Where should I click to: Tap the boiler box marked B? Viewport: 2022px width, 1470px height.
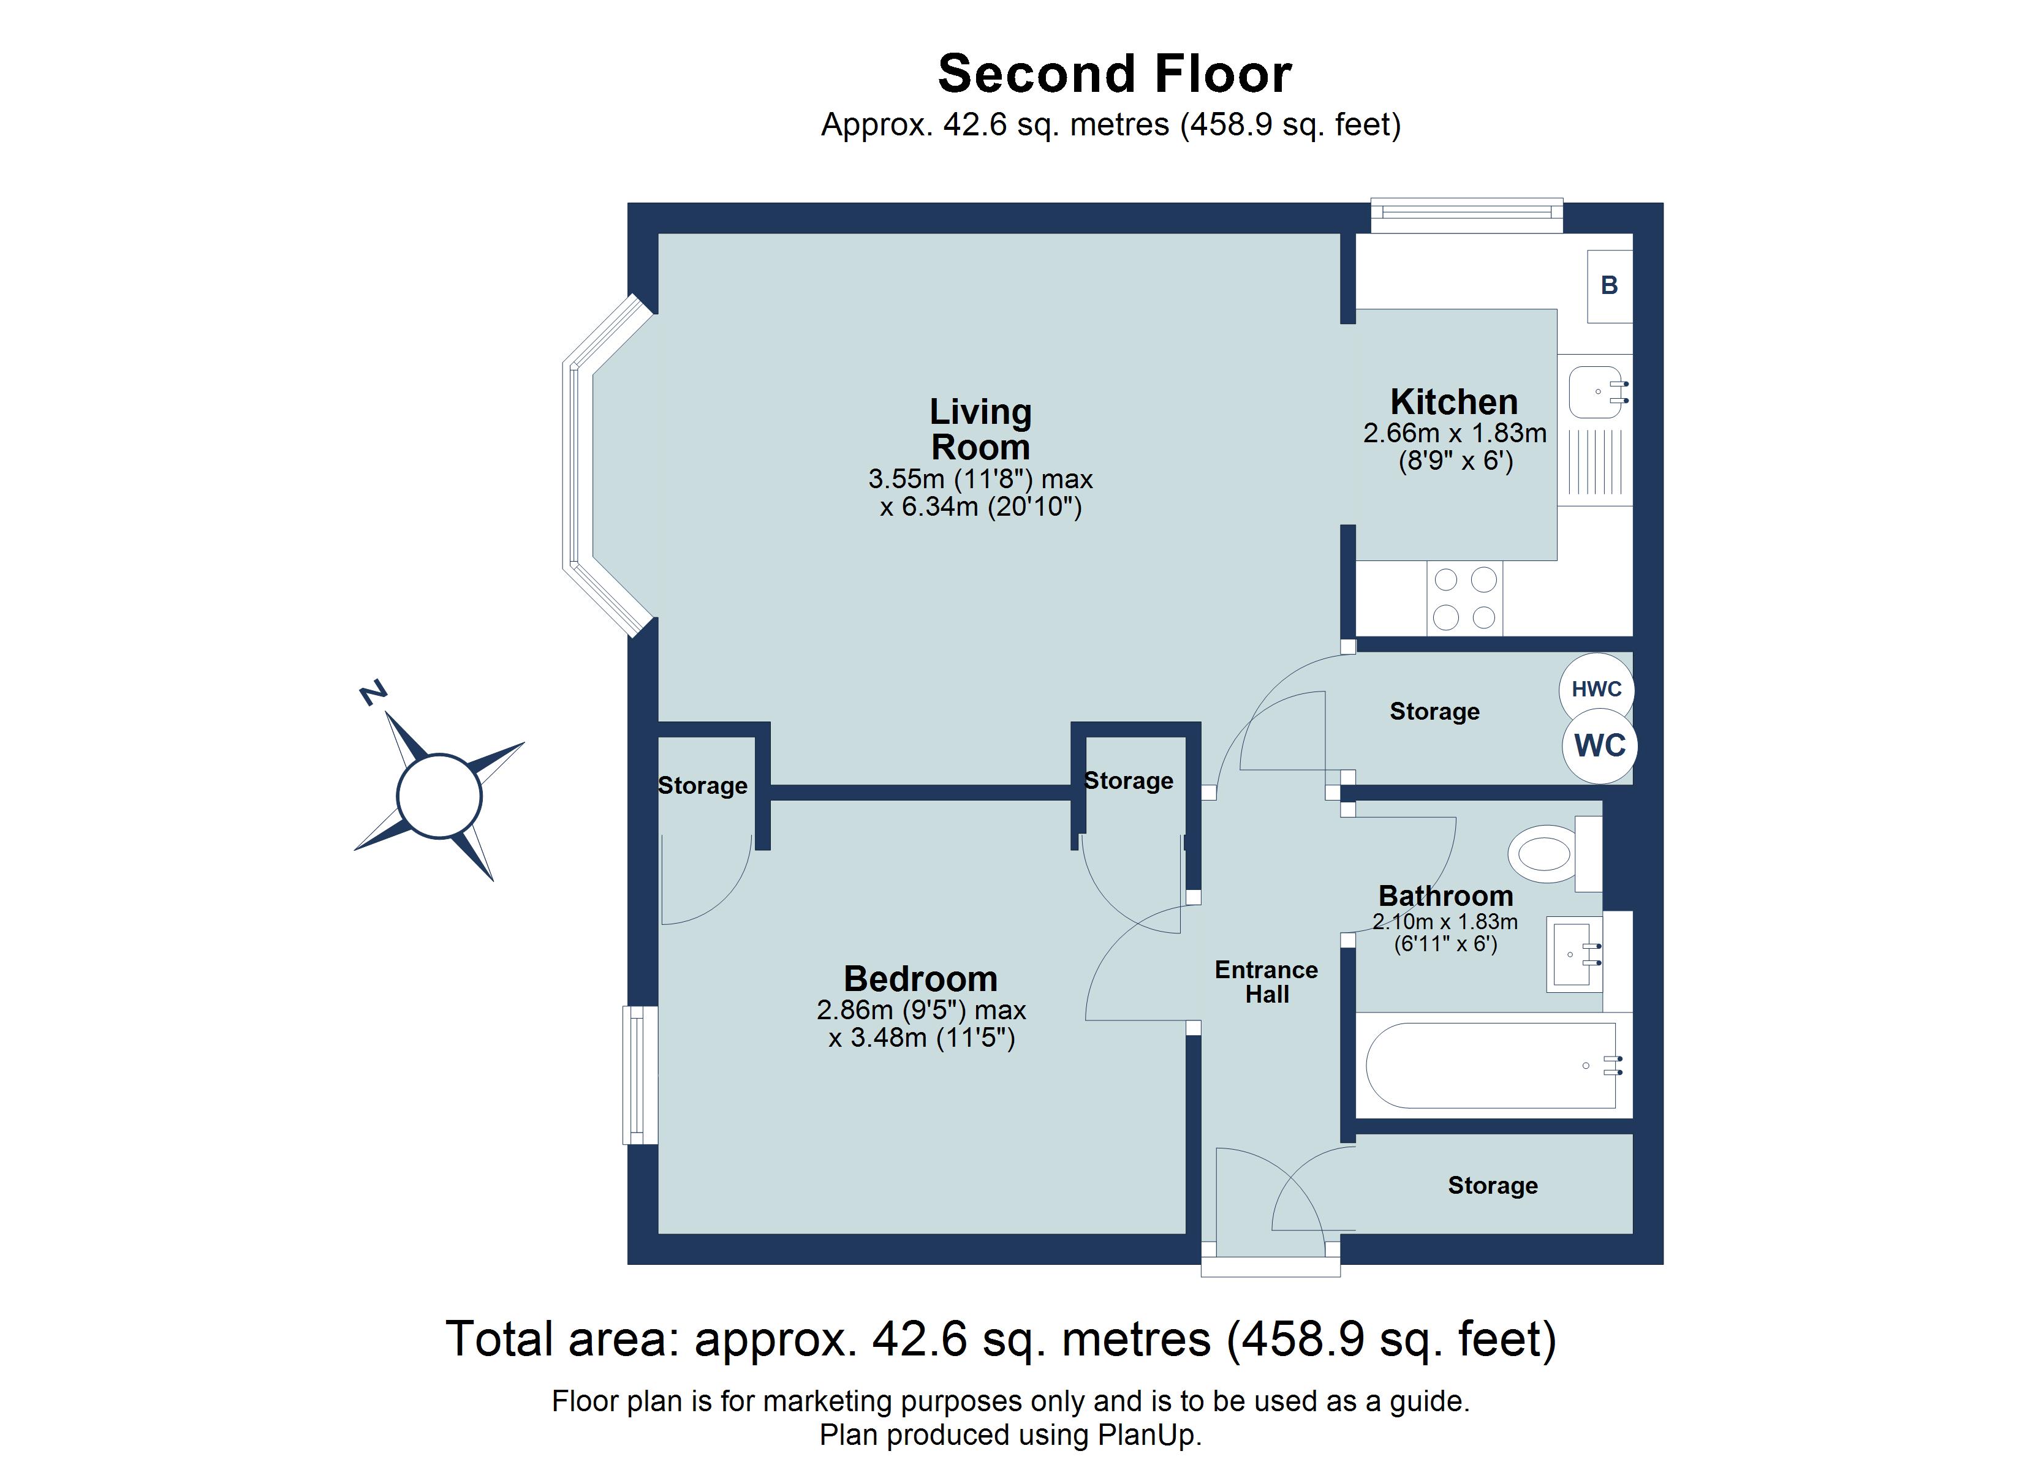tap(1608, 285)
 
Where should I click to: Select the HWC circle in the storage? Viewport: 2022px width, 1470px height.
tap(1596, 689)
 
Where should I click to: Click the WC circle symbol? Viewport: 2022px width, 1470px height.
tap(1599, 745)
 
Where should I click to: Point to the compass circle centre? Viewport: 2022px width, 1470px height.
tap(439, 796)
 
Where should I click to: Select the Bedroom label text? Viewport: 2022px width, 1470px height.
tap(920, 979)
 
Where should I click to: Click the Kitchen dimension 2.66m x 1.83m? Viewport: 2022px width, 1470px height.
tap(1454, 433)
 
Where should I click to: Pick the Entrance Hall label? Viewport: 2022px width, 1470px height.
tap(1266, 981)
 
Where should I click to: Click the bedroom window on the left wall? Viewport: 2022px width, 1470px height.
tap(639, 1074)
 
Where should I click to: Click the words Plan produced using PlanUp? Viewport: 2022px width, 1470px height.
tap(1010, 1434)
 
